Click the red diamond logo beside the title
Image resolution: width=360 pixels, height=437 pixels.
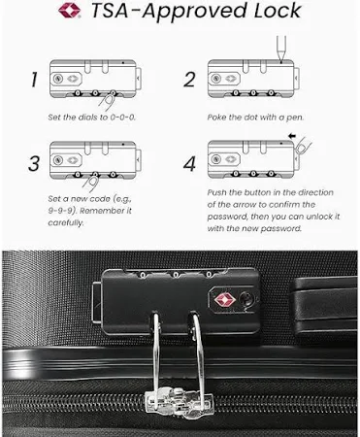(x=69, y=11)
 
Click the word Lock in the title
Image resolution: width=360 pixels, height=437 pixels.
(x=278, y=11)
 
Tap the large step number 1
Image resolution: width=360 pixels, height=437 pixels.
(x=34, y=80)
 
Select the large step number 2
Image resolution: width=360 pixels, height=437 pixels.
(x=190, y=80)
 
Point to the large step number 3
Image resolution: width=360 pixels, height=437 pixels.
(x=34, y=163)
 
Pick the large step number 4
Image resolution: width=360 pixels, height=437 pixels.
(x=189, y=163)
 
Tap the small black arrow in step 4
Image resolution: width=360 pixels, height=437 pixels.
(x=292, y=136)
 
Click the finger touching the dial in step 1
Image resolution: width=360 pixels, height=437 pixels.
(x=108, y=101)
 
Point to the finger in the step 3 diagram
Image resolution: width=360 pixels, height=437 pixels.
(x=91, y=182)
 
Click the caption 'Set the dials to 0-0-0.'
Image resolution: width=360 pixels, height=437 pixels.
(x=92, y=118)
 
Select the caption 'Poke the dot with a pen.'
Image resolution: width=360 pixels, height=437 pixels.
(x=255, y=118)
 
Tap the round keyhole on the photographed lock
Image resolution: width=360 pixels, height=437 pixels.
(x=246, y=298)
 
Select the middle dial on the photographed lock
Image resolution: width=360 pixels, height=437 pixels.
(x=176, y=276)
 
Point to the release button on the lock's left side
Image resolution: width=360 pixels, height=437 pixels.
(x=97, y=302)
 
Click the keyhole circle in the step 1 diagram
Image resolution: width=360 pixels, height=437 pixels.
(x=58, y=79)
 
